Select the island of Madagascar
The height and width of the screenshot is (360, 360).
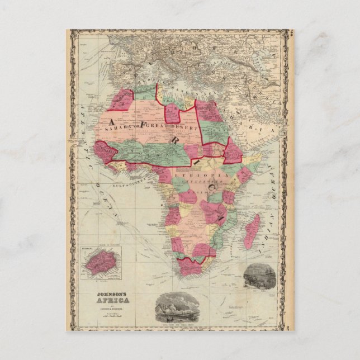(x=253, y=231)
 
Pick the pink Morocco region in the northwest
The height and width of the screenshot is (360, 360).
(x=122, y=101)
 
